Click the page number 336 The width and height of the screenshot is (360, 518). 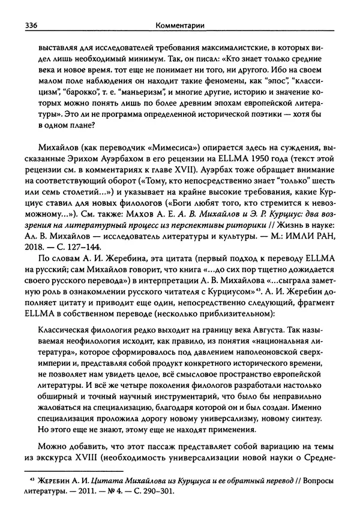pyautogui.click(x=30, y=25)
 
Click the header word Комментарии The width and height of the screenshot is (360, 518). pyautogui.click(x=179, y=25)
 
